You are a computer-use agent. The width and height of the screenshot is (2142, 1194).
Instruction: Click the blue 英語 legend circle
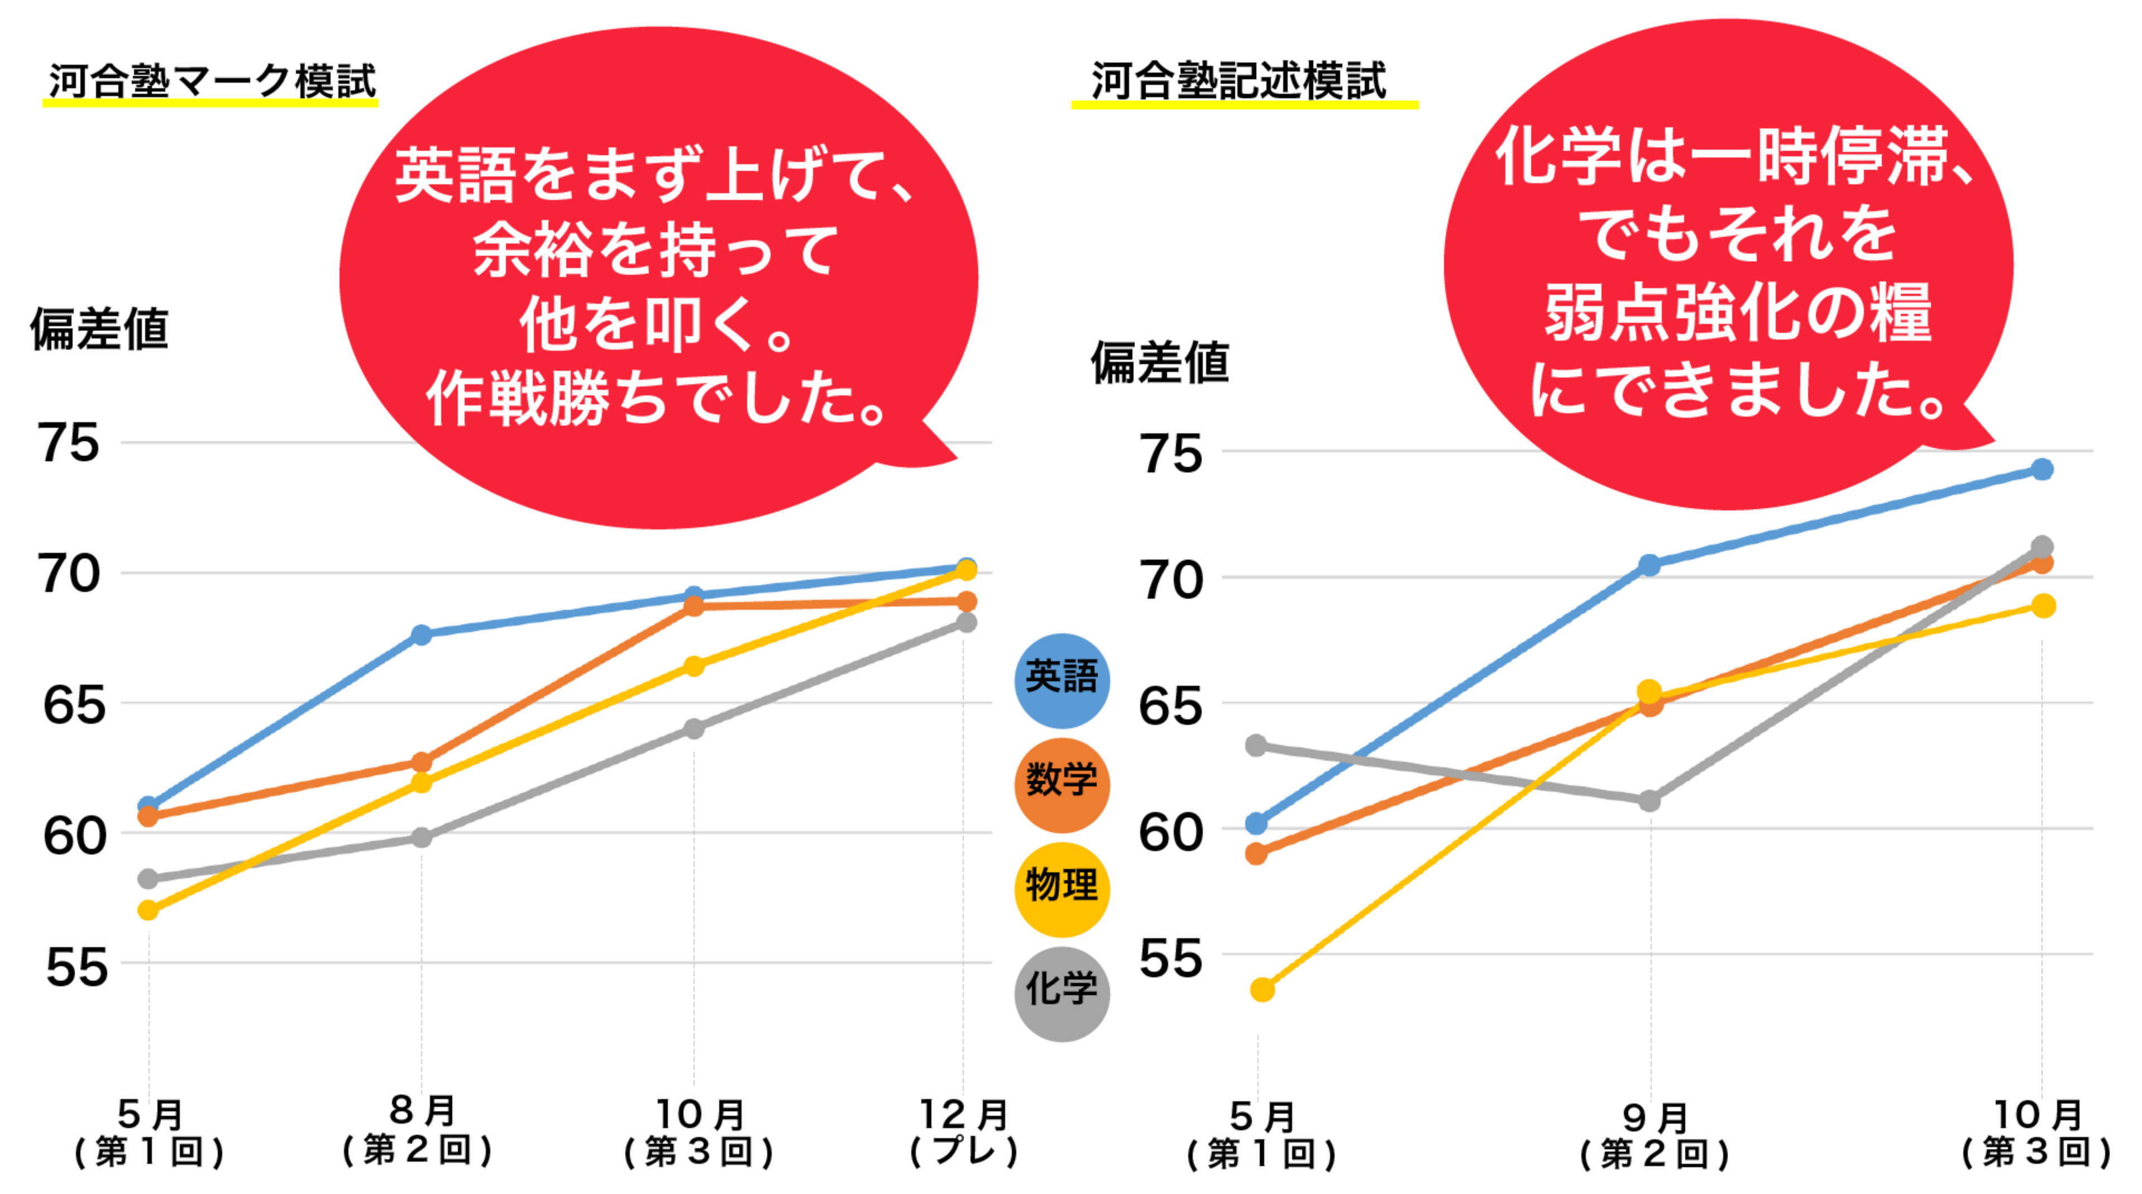1062,680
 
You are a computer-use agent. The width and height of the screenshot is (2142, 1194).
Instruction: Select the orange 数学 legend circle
1062,785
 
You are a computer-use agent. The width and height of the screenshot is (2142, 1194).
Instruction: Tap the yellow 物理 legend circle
1062,889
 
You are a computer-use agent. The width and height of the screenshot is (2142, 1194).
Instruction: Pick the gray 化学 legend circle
1062,994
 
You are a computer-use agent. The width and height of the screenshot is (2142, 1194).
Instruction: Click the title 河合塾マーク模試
212,82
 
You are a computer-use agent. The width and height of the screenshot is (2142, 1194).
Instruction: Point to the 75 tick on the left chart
68,443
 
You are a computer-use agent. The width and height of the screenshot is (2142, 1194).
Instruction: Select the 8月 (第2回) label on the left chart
421,1131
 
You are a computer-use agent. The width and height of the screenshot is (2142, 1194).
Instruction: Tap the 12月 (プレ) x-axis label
964,1133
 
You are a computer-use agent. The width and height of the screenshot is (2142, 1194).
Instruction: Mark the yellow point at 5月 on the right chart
1262,990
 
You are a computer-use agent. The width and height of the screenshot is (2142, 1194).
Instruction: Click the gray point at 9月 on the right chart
1649,801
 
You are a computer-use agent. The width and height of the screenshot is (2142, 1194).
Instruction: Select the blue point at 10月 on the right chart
2042,470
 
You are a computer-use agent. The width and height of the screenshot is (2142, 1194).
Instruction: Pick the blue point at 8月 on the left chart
422,634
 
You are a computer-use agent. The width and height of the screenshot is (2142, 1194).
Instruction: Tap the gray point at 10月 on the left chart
694,728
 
